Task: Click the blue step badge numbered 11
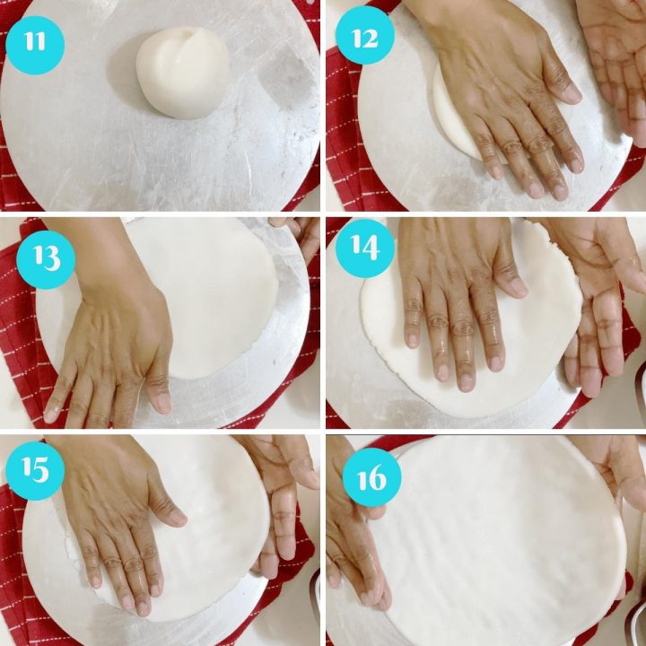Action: [35, 42]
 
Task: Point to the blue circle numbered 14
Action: [364, 253]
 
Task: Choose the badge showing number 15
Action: [35, 471]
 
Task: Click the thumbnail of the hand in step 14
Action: [517, 287]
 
